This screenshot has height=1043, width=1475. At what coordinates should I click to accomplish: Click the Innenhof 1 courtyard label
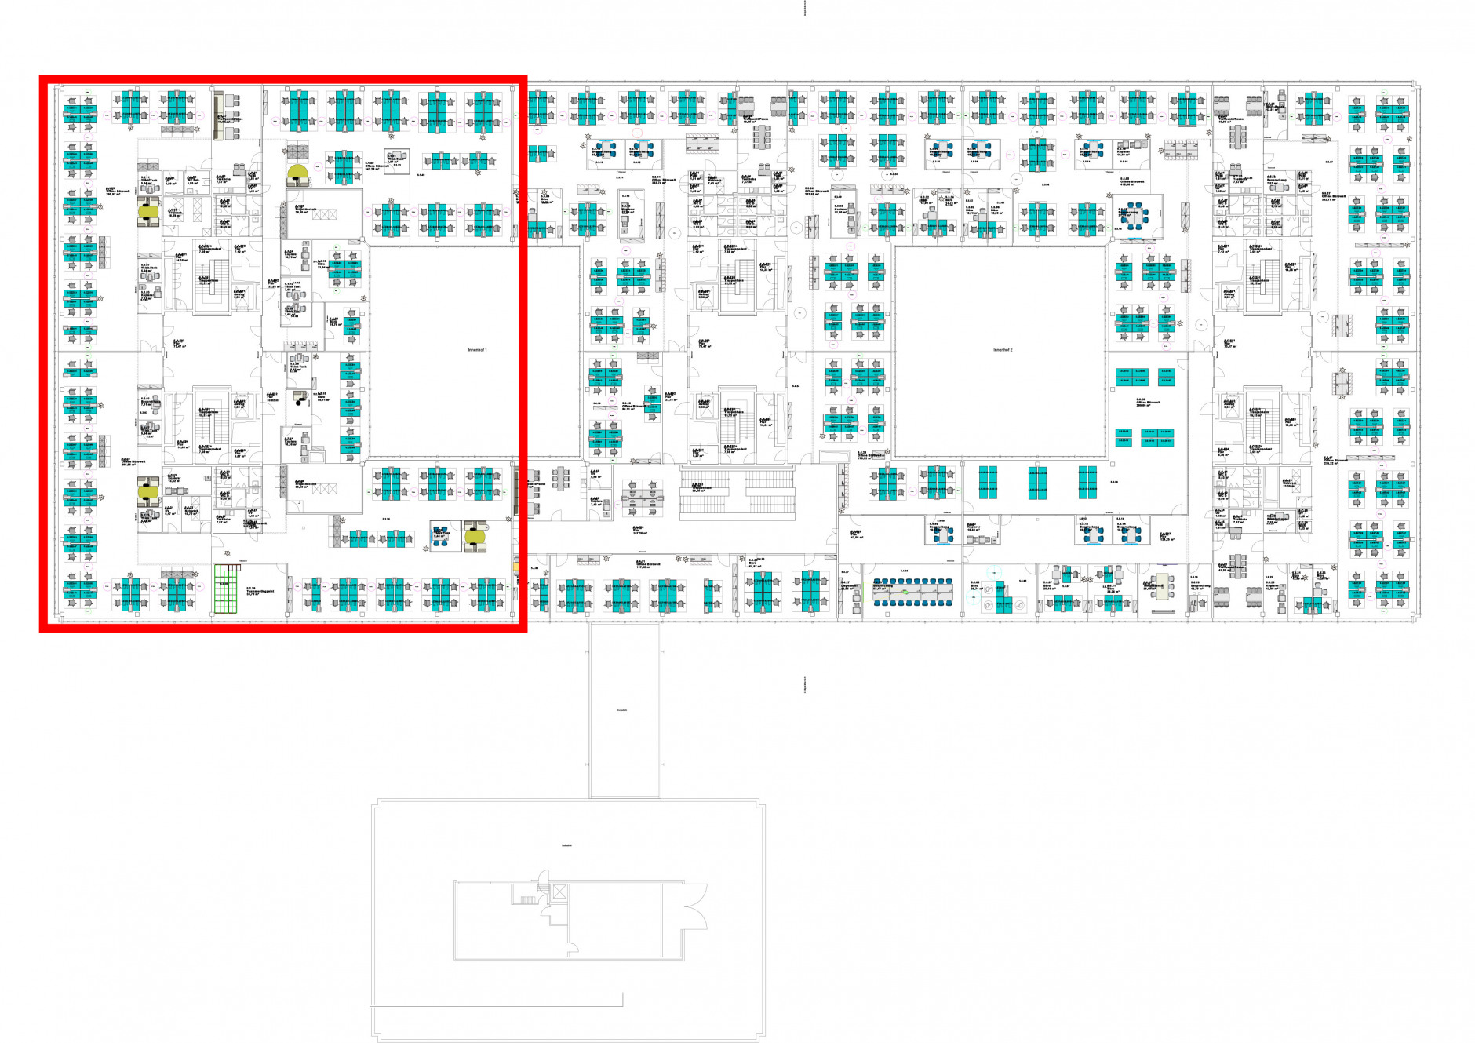coord(477,350)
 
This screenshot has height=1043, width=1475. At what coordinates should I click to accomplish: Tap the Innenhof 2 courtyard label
coord(1003,350)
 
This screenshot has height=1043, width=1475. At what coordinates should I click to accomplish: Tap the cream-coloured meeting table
coord(1159,587)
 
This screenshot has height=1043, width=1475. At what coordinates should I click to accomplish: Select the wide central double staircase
coord(737,494)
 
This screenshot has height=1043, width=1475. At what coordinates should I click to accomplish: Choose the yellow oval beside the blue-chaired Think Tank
coord(475,536)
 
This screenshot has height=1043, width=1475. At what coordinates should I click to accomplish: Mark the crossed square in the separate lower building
coord(559,892)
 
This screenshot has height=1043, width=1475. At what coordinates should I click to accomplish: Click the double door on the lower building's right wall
coord(694,914)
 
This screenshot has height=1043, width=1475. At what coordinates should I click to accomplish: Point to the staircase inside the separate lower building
coord(527,897)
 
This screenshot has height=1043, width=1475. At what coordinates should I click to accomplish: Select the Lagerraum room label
coord(847,586)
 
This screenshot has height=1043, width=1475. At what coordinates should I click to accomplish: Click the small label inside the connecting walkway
coord(622,710)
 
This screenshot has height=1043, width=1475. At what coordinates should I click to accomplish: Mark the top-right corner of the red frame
coord(523,78)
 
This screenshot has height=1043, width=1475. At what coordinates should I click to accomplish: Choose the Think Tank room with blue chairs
coord(441,537)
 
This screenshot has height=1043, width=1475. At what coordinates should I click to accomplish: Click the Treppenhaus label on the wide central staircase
coord(697,488)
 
